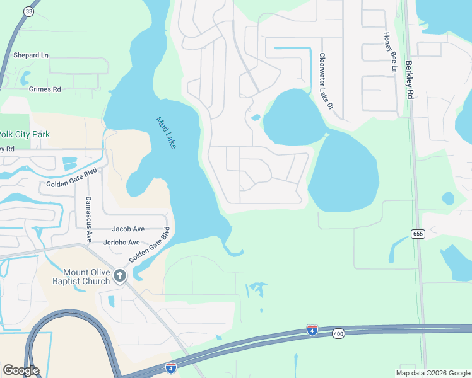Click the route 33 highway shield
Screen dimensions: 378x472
click(x=29, y=12)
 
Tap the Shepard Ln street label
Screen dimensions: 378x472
click(x=31, y=55)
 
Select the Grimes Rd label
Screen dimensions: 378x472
click(x=45, y=89)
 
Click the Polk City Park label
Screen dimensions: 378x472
click(x=25, y=134)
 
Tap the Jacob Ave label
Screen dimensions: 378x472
click(x=128, y=229)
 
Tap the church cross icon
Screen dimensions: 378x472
click(x=120, y=275)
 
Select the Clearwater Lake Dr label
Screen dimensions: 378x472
click(x=326, y=81)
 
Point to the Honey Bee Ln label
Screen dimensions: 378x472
click(x=389, y=52)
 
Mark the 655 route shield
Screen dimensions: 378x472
click(x=418, y=234)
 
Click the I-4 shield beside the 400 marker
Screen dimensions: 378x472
click(x=312, y=329)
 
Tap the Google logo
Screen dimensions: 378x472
click(x=21, y=370)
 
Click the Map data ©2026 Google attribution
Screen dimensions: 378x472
click(x=433, y=373)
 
